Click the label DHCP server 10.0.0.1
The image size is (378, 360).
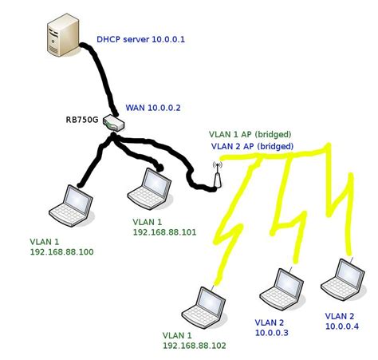[140, 38]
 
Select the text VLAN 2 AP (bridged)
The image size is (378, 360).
[251, 147]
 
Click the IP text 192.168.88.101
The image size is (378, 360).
[164, 232]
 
